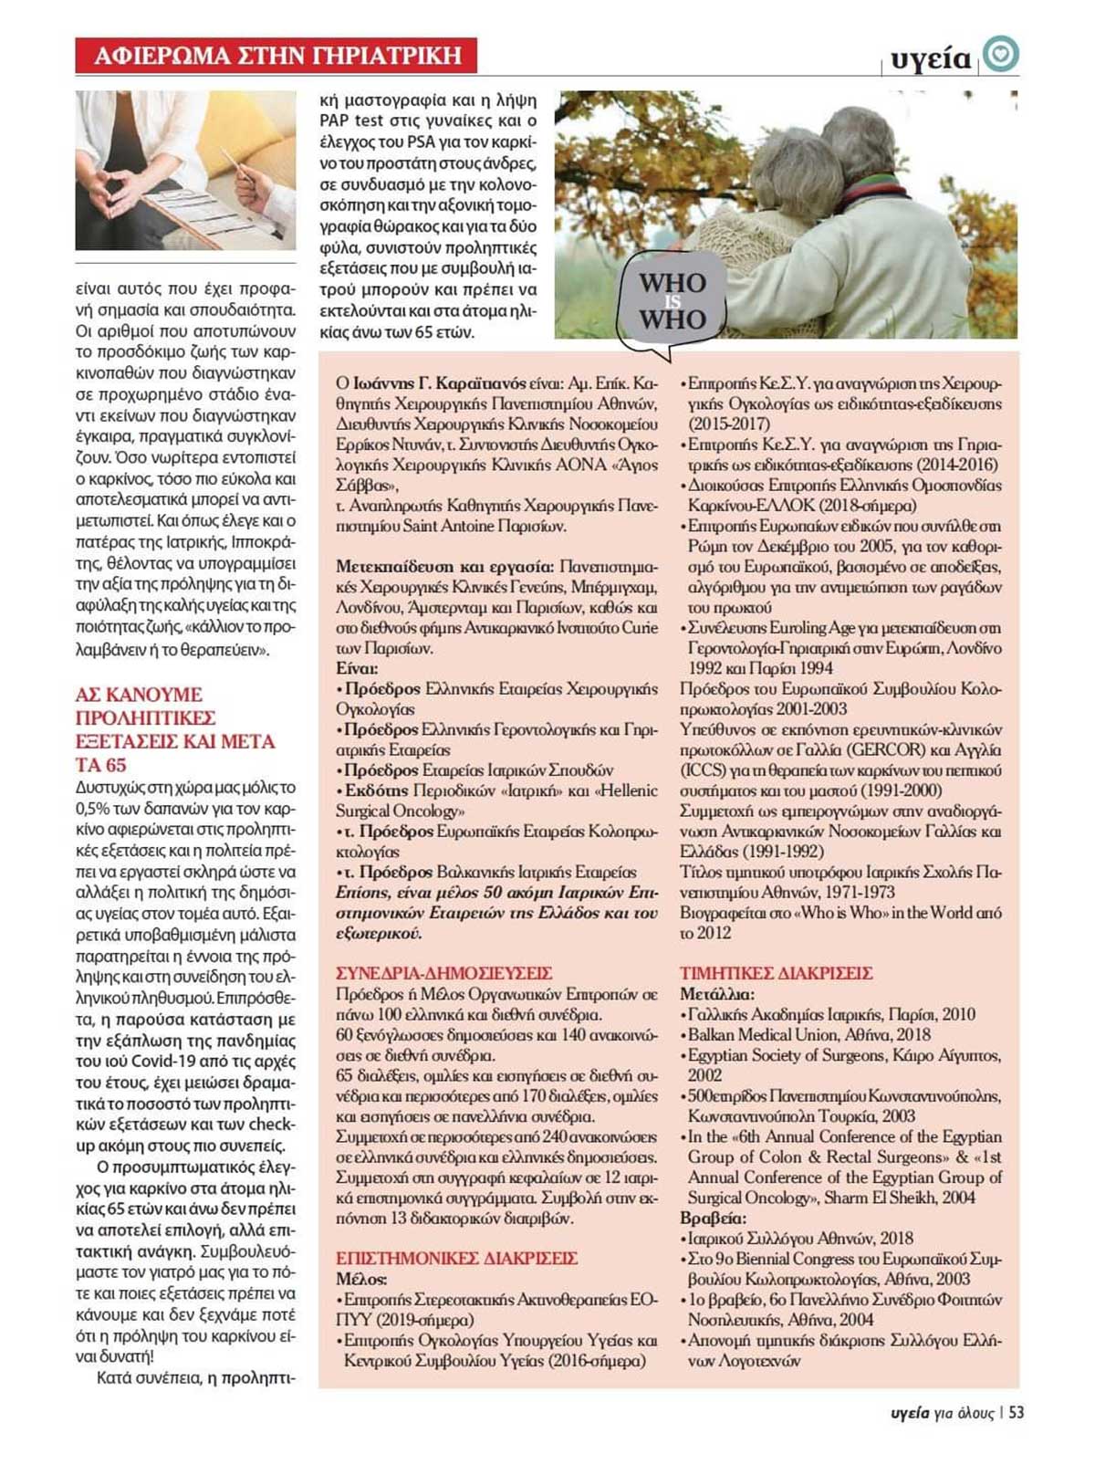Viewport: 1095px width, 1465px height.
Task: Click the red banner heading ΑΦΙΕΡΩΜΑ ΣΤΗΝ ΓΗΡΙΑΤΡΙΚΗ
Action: tap(276, 57)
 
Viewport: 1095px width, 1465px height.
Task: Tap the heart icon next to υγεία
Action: tap(1001, 55)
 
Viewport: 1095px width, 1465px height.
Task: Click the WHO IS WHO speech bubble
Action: tap(673, 302)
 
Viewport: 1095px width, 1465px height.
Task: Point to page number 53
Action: tap(1017, 1412)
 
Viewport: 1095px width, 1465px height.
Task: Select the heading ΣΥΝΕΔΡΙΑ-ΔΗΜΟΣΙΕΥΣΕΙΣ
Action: tap(443, 973)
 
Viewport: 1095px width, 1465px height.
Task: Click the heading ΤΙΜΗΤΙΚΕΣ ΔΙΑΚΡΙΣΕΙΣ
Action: tap(777, 973)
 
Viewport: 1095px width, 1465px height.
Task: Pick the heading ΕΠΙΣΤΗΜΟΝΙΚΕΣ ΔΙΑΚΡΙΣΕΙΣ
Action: tap(456, 1259)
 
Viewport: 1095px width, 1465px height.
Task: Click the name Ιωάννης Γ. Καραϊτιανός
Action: tap(439, 383)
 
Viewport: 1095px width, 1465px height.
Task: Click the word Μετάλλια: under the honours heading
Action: tap(716, 994)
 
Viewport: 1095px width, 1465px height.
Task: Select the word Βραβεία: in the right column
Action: tap(713, 1219)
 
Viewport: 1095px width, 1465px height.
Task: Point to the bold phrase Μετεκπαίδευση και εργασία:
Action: tap(444, 567)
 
